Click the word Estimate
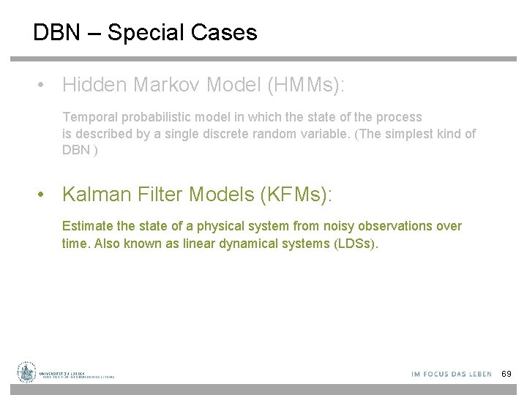[x=86, y=226]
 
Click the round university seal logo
[x=27, y=372]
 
